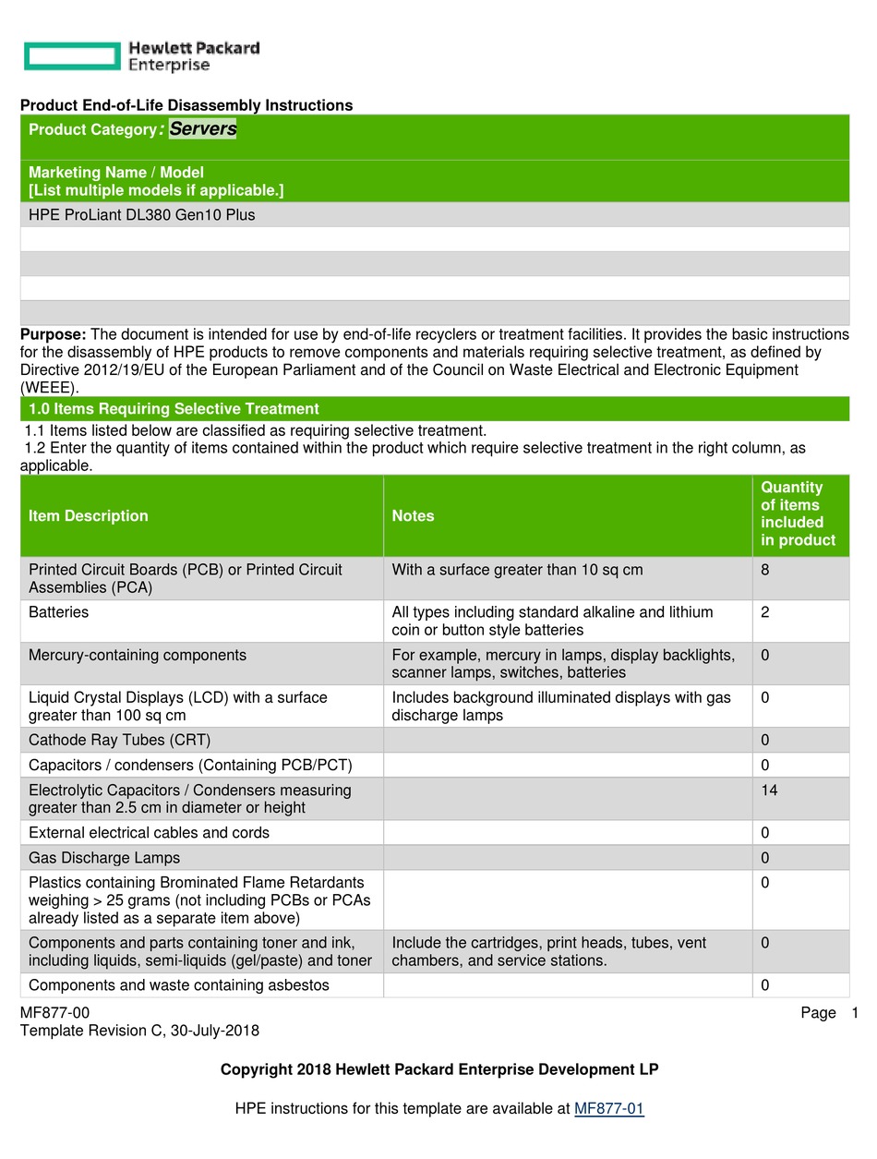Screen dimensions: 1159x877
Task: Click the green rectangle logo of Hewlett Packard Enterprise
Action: tap(72, 56)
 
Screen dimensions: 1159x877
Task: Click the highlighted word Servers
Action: tap(203, 129)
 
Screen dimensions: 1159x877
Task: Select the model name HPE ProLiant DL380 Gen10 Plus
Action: tap(142, 215)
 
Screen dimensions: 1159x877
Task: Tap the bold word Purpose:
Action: tap(54, 334)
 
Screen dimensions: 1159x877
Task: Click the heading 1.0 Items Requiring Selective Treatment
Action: tap(174, 409)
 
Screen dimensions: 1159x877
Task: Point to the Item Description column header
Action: tap(89, 516)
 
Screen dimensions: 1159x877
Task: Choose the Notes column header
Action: tap(413, 516)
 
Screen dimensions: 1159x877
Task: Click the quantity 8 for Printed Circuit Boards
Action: tap(765, 570)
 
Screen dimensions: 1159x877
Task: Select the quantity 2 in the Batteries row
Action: tap(765, 612)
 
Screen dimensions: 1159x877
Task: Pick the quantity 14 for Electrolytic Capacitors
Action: tap(769, 791)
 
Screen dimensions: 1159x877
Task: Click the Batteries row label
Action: tap(59, 612)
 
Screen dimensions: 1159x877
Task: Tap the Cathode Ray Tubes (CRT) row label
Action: tap(120, 741)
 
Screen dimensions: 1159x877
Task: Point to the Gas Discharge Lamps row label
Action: tap(104, 858)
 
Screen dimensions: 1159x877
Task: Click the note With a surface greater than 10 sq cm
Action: tap(517, 570)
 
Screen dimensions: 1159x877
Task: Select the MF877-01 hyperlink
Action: tap(608, 1109)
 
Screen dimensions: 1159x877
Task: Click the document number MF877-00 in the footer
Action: tap(55, 1013)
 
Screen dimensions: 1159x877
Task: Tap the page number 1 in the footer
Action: tap(855, 1013)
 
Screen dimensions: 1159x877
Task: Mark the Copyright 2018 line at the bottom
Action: tap(439, 1070)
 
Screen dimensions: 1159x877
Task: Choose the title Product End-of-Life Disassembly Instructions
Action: tap(186, 105)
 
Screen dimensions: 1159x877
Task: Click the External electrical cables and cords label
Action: tap(149, 833)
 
